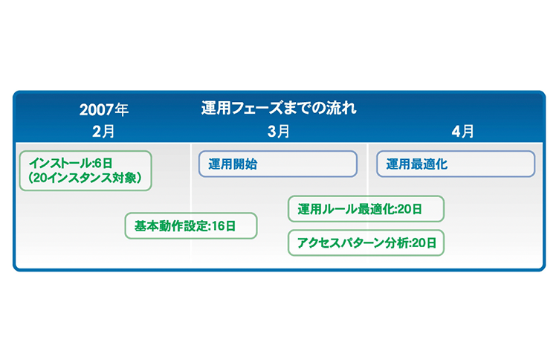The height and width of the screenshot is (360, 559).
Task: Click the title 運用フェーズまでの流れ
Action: pos(279,108)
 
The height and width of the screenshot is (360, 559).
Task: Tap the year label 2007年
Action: pos(104,109)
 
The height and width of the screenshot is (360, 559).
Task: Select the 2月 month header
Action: pos(103,132)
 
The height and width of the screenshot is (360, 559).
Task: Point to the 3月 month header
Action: pos(279,132)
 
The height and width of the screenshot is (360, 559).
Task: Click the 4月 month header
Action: pos(462,132)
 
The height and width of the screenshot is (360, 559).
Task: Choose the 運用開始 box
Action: pos(278,164)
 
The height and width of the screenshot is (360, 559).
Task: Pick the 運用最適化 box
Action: pos(456,164)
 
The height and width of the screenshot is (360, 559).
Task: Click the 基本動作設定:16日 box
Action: pos(191,225)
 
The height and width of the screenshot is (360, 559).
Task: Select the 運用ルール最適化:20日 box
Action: pos(366,209)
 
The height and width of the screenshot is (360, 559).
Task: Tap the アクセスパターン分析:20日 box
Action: pos(366,242)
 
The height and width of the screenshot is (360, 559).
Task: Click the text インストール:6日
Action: pos(71,163)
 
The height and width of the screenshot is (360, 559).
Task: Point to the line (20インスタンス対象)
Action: pos(85,178)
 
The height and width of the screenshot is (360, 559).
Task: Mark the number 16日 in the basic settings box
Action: pos(224,226)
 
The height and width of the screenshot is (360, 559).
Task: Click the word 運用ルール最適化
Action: pos(346,209)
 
